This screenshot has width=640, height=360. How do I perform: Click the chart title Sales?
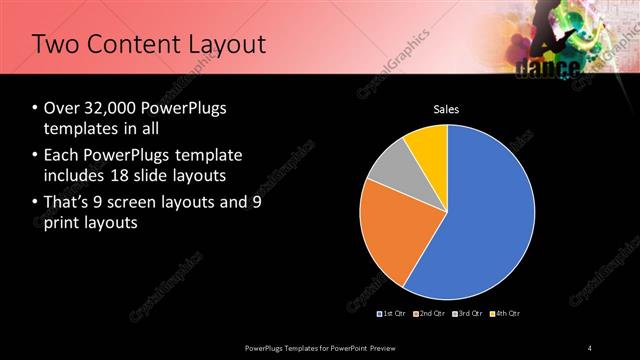[x=446, y=109]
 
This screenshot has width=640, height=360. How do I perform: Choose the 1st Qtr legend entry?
[x=392, y=314]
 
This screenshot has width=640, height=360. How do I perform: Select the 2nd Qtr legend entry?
[x=429, y=314]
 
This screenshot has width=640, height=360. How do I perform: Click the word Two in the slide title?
[x=55, y=45]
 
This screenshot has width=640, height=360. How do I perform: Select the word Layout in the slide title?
[x=229, y=45]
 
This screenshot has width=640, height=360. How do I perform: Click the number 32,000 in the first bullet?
[x=109, y=108]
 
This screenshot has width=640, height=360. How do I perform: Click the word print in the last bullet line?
[x=61, y=223]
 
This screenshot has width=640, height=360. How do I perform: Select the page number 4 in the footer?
[x=590, y=347]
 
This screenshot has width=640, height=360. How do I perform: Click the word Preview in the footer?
[x=389, y=347]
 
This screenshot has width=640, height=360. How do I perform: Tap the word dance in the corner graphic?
[x=549, y=68]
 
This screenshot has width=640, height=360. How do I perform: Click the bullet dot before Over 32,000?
[x=35, y=108]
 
